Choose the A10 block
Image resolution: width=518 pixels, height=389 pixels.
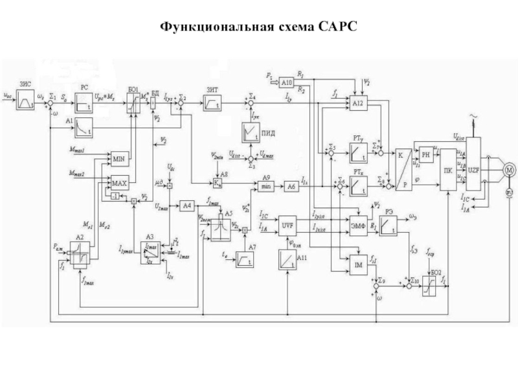click(287, 82)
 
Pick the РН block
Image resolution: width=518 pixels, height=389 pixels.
click(425, 154)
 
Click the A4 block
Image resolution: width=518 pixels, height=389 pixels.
click(187, 206)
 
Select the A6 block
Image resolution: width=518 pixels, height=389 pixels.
click(292, 185)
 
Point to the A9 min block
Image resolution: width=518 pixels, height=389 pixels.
click(266, 185)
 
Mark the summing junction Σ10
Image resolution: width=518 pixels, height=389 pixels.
click(409, 283)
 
